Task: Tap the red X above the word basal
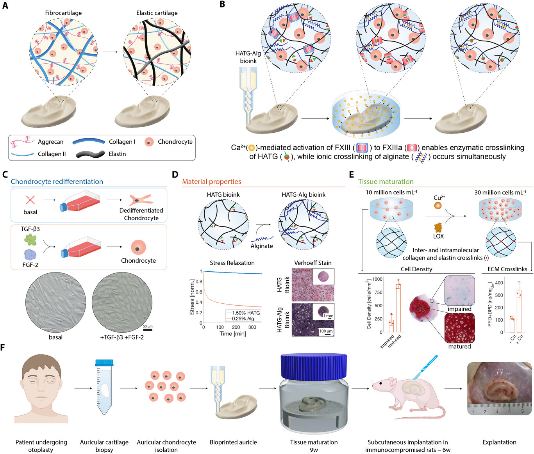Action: (x=30, y=200)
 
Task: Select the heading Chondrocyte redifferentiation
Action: (x=57, y=182)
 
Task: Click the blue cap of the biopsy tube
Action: (x=104, y=363)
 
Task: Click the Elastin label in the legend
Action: (x=117, y=154)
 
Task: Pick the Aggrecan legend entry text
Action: (x=50, y=142)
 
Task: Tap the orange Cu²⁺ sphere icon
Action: (x=438, y=205)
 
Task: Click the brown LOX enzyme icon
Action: (x=438, y=227)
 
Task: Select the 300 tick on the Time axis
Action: (x=252, y=327)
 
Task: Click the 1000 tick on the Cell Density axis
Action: (x=377, y=279)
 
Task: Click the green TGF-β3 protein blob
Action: (x=30, y=239)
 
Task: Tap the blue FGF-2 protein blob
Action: (x=30, y=255)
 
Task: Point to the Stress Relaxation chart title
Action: (x=232, y=263)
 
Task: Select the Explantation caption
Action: (x=499, y=442)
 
